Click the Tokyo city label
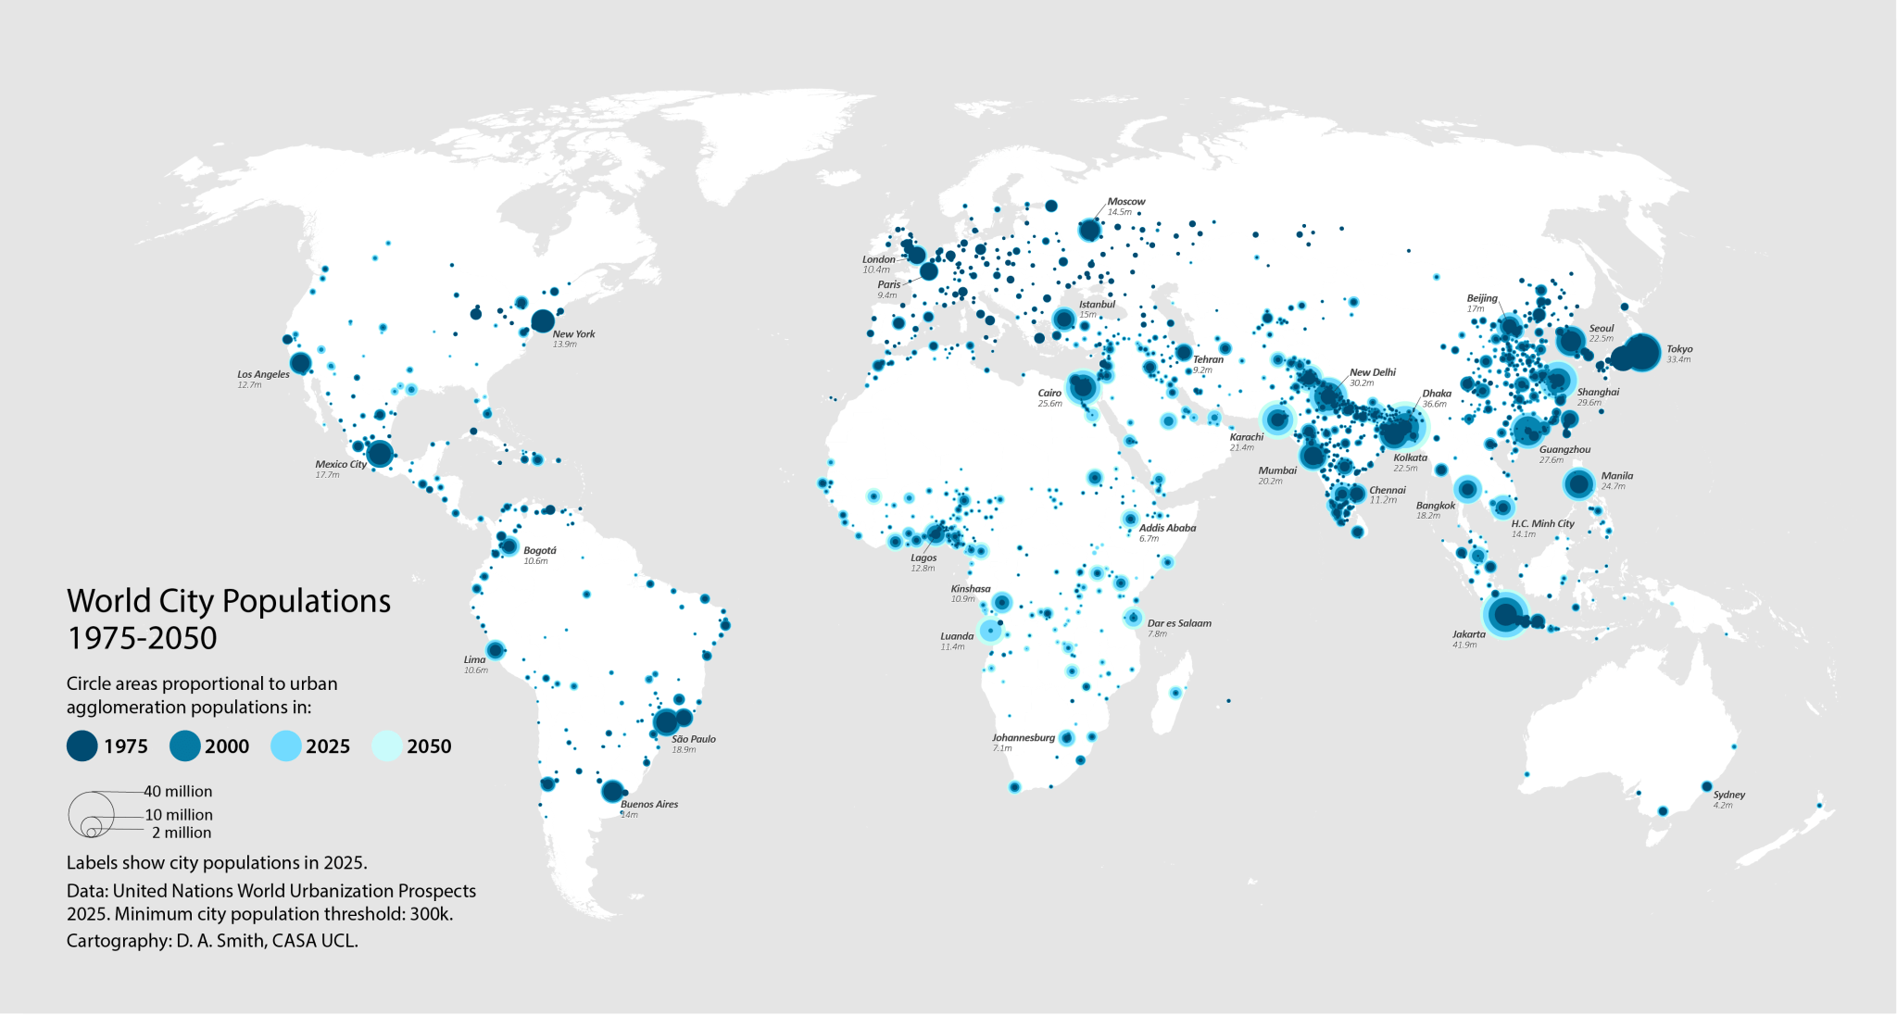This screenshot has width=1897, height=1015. [1679, 349]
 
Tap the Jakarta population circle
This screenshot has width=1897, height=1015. [1505, 614]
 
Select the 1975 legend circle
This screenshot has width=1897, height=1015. [82, 746]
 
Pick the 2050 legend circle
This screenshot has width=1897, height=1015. [386, 746]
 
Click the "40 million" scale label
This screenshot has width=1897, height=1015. [178, 791]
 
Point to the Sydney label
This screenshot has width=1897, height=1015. [1728, 795]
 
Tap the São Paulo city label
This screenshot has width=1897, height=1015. [693, 739]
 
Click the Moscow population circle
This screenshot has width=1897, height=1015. [1089, 230]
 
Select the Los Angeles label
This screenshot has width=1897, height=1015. [263, 374]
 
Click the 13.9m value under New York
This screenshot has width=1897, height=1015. [564, 345]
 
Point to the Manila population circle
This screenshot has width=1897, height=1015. [1579, 483]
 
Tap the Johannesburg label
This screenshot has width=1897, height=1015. [1024, 737]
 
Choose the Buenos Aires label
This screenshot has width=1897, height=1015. [648, 804]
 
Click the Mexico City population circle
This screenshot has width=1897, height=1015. [380, 454]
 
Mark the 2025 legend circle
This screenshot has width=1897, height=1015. [285, 746]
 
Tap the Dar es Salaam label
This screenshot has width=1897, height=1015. [1179, 623]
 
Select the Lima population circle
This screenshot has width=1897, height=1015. [495, 650]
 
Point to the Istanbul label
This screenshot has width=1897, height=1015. [1097, 304]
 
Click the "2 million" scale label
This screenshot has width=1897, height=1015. [182, 833]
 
